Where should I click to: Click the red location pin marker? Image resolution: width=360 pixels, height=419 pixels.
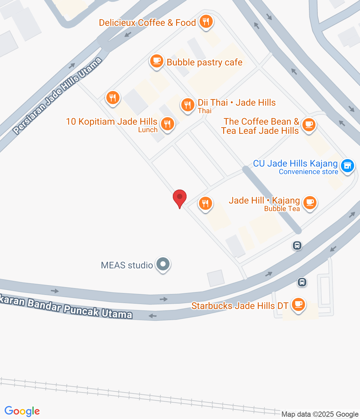tap(180, 198)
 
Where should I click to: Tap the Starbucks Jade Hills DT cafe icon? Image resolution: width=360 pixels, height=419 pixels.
tap(298, 304)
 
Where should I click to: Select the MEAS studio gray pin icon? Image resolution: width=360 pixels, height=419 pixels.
tap(163, 264)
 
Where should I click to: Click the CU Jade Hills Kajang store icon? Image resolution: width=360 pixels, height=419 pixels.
tap(348, 166)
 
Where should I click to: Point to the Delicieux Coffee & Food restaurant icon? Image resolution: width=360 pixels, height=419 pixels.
tap(206, 22)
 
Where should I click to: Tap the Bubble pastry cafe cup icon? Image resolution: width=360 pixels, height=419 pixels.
tap(157, 61)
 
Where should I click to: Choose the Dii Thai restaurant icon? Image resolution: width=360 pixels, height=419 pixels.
tap(188, 105)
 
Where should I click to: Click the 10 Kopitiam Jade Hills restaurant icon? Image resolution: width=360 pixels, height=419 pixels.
tap(167, 124)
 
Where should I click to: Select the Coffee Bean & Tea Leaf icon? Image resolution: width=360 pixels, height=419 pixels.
tap(309, 125)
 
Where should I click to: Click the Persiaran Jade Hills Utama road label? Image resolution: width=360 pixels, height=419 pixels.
tap(58, 96)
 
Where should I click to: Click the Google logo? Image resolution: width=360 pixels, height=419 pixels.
tap(22, 411)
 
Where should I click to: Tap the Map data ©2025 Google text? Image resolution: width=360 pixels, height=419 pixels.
tap(320, 414)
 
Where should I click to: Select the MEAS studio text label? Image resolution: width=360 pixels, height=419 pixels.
tap(127, 265)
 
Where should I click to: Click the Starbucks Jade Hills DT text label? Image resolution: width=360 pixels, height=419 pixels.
tap(240, 306)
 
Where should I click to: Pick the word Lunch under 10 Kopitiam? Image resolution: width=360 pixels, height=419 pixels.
tap(148, 130)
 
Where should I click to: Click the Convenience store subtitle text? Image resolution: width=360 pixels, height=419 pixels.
tap(308, 172)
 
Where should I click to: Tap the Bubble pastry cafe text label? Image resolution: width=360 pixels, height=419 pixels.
tap(205, 62)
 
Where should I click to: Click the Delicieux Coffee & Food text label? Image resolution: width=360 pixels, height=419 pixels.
tap(147, 23)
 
